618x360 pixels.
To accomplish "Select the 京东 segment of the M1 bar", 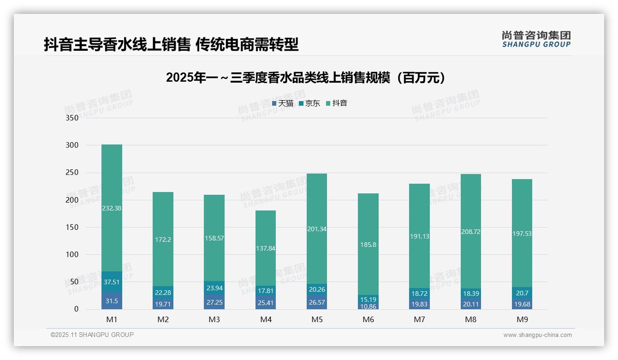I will [112, 282].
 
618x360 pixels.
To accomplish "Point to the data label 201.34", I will [316, 229].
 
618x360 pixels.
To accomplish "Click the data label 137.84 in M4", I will [265, 248].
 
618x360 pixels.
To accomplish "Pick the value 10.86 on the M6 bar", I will [368, 306].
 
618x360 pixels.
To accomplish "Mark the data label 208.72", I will [470, 232].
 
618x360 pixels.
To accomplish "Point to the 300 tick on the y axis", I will [72, 145].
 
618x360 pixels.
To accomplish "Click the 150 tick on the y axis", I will [72, 228].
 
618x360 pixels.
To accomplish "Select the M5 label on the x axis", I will [316, 319].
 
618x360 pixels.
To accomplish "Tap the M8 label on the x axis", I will [470, 319].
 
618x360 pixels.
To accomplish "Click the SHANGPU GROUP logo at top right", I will [536, 39].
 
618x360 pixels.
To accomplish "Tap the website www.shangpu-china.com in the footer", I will [537, 335].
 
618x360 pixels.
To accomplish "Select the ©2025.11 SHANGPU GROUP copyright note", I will [92, 335].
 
